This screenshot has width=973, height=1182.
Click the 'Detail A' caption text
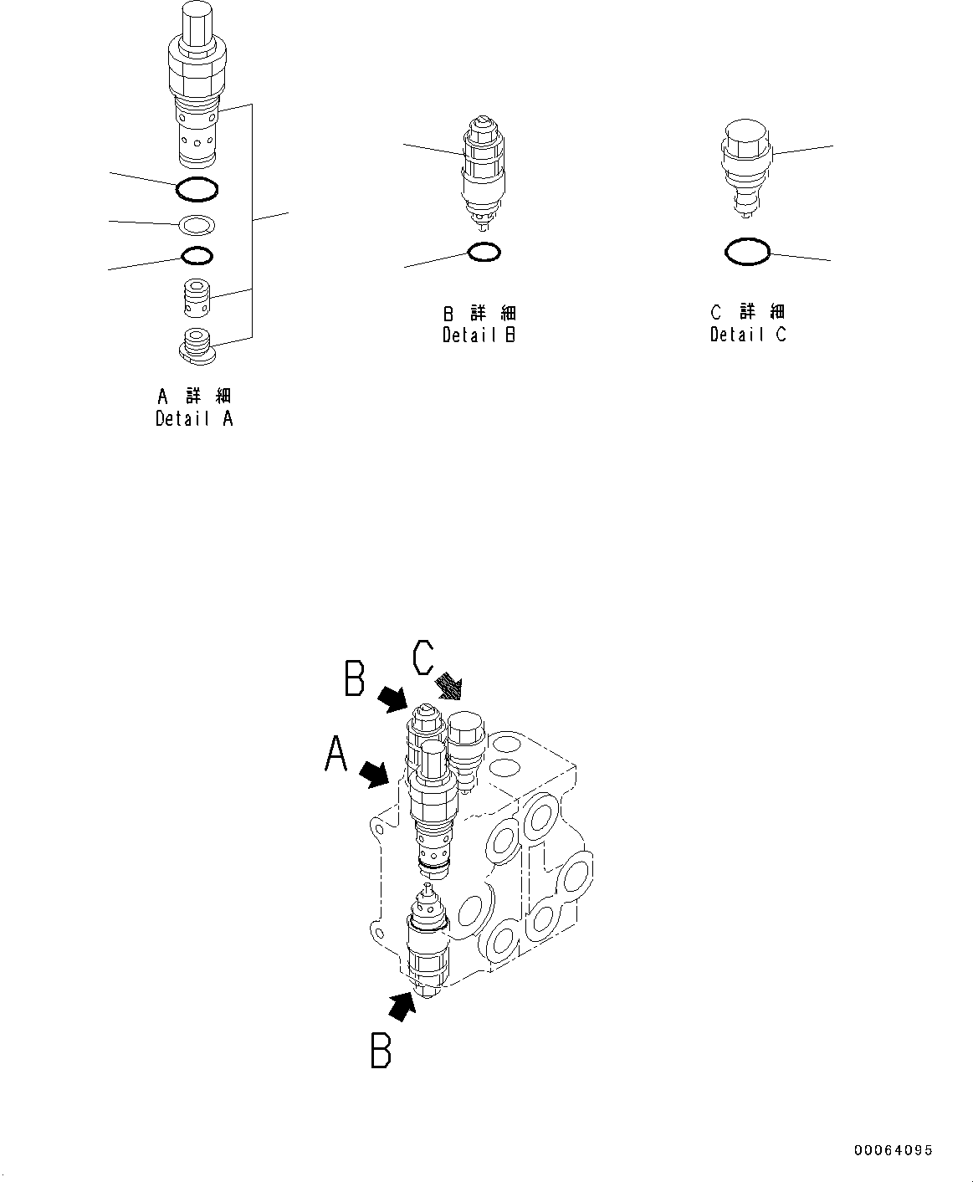[x=194, y=419]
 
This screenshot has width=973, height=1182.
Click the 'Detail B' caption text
[x=479, y=335]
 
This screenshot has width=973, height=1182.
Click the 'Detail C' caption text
[x=748, y=334]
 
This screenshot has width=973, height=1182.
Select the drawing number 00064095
[x=893, y=1151]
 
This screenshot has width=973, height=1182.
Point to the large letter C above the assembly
[x=422, y=658]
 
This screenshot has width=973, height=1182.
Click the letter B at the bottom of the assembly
[x=381, y=1051]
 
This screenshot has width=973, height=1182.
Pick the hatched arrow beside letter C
[x=449, y=687]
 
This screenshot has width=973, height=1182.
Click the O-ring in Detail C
[x=746, y=251]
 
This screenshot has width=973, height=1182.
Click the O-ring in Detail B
[x=484, y=250]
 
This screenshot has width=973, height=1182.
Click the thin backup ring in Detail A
[x=197, y=224]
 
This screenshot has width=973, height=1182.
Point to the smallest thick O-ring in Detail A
[x=197, y=255]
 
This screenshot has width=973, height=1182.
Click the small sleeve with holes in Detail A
[x=197, y=298]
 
